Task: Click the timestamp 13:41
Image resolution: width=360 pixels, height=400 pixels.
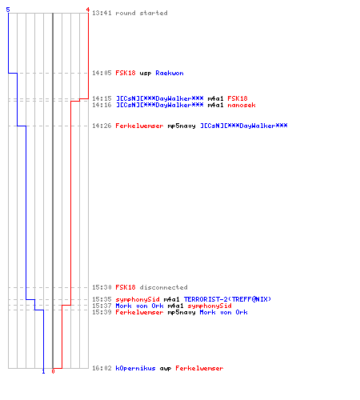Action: tap(102, 13)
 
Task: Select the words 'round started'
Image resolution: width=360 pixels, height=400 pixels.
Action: tap(142, 13)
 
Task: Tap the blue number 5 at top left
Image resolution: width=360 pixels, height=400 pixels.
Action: tap(8, 10)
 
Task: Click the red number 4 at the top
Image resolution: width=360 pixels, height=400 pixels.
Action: tap(88, 10)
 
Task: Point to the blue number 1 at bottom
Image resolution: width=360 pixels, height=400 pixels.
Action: tap(43, 371)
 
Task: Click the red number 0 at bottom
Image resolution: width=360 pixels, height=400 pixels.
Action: tap(53, 371)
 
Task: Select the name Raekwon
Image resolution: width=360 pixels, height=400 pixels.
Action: tap(170, 73)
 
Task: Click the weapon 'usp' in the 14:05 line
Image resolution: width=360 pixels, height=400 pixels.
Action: tap(146, 74)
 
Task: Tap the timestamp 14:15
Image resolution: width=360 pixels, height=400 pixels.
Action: tap(102, 98)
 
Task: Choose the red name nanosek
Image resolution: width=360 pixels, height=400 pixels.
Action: tap(242, 105)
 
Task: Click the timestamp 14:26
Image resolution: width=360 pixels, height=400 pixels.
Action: tap(102, 126)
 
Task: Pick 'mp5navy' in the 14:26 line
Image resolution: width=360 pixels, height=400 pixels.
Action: tap(182, 126)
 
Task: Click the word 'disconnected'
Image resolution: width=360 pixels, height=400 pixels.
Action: tap(163, 287)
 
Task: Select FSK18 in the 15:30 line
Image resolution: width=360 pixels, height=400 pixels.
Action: tap(126, 287)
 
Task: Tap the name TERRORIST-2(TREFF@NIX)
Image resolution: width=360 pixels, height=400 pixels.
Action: tap(227, 299)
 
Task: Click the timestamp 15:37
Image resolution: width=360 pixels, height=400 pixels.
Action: tap(102, 306)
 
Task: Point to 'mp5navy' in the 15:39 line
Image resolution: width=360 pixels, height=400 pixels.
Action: tap(182, 313)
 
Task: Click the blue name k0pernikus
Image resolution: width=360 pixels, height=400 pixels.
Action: tap(135, 368)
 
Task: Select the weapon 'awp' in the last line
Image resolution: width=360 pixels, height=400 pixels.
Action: tap(166, 369)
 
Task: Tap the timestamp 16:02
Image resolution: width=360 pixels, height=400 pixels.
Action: tap(102, 368)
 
